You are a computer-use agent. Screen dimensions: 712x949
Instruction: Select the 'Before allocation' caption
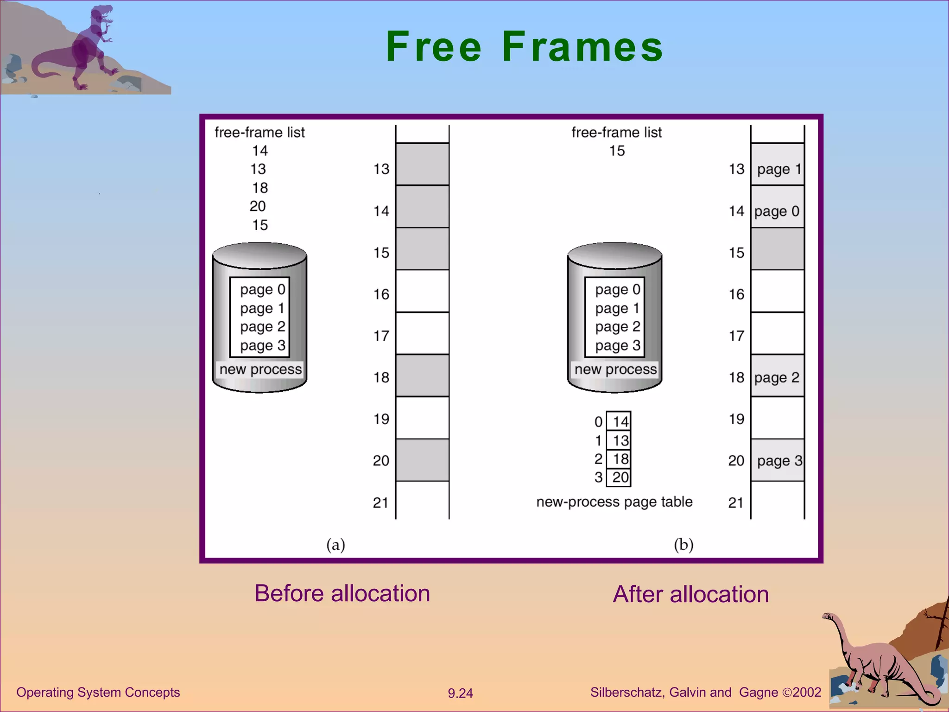coord(342,593)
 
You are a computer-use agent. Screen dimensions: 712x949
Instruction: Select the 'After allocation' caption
coord(690,594)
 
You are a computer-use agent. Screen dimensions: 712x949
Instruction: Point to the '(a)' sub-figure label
coord(335,545)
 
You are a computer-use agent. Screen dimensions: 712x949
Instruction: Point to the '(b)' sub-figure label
coord(683,545)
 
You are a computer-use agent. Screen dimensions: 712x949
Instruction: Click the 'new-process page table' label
coord(614,502)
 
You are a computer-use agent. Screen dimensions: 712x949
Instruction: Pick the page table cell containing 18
coord(619,459)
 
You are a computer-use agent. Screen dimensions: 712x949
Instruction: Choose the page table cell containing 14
coord(619,421)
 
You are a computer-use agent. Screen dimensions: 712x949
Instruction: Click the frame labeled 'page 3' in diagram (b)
coord(778,460)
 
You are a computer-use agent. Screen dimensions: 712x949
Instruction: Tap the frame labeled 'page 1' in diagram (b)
coord(778,169)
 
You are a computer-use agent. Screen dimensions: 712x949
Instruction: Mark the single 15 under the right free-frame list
coord(617,151)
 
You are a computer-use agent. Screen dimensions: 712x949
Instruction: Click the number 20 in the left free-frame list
coord(258,206)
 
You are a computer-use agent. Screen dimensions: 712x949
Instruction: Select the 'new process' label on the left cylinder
coord(260,369)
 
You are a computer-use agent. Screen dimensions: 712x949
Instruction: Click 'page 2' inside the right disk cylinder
coord(617,327)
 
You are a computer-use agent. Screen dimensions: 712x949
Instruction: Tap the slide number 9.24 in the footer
coord(460,693)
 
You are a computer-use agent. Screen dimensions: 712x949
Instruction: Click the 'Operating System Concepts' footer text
coord(98,692)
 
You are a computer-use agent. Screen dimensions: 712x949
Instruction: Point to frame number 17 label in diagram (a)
coord(381,336)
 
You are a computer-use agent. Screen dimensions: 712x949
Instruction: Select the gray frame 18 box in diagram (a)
coord(422,375)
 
